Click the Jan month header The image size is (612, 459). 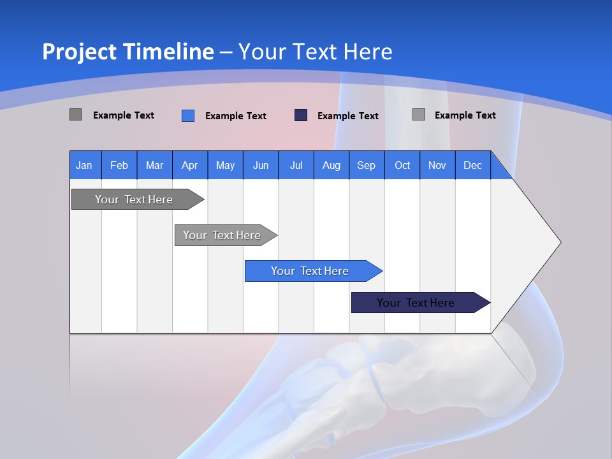click(84, 165)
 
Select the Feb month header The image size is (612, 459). click(119, 165)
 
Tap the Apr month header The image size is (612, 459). click(189, 165)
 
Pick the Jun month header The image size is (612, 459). click(260, 165)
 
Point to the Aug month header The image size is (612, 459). click(331, 165)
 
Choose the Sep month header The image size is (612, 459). click(366, 165)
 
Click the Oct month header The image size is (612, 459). click(402, 165)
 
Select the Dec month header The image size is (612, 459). click(472, 165)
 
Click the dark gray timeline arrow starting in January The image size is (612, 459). click(135, 200)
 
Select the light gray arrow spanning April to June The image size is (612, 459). click(222, 235)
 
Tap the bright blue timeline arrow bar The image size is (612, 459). click(310, 271)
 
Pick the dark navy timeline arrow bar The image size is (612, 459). click(416, 303)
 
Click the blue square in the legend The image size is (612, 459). click(188, 115)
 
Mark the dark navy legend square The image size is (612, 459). click(301, 115)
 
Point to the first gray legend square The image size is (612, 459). click(75, 115)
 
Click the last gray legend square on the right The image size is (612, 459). click(419, 115)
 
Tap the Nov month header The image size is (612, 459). click(437, 165)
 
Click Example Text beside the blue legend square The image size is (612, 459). click(235, 116)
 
